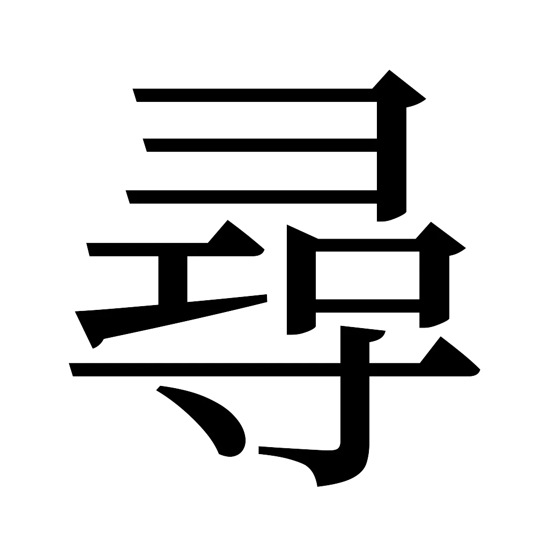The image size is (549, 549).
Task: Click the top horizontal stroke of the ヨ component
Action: click(252, 95)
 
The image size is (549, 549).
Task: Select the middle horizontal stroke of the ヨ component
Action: click(257, 145)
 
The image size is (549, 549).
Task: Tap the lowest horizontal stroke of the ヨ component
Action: click(252, 197)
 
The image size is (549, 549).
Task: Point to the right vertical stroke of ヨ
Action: click(392, 161)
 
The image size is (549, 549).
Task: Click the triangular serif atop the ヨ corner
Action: click(394, 86)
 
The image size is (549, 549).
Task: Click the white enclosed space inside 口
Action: click(366, 274)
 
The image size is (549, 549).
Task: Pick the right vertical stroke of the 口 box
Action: click(432, 284)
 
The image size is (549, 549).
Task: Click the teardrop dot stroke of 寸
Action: click(214, 424)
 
